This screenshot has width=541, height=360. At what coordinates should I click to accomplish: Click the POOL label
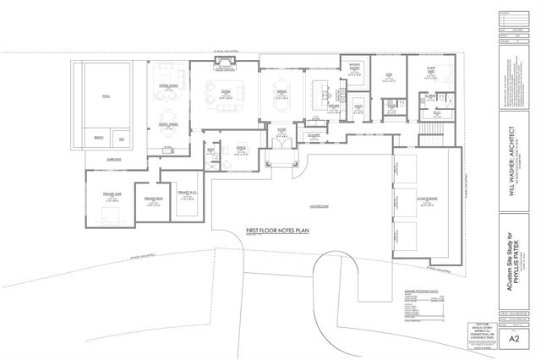click(107, 95)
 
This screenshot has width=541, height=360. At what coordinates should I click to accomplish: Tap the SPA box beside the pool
click(122, 138)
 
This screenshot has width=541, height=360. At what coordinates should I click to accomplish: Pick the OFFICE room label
click(241, 147)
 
